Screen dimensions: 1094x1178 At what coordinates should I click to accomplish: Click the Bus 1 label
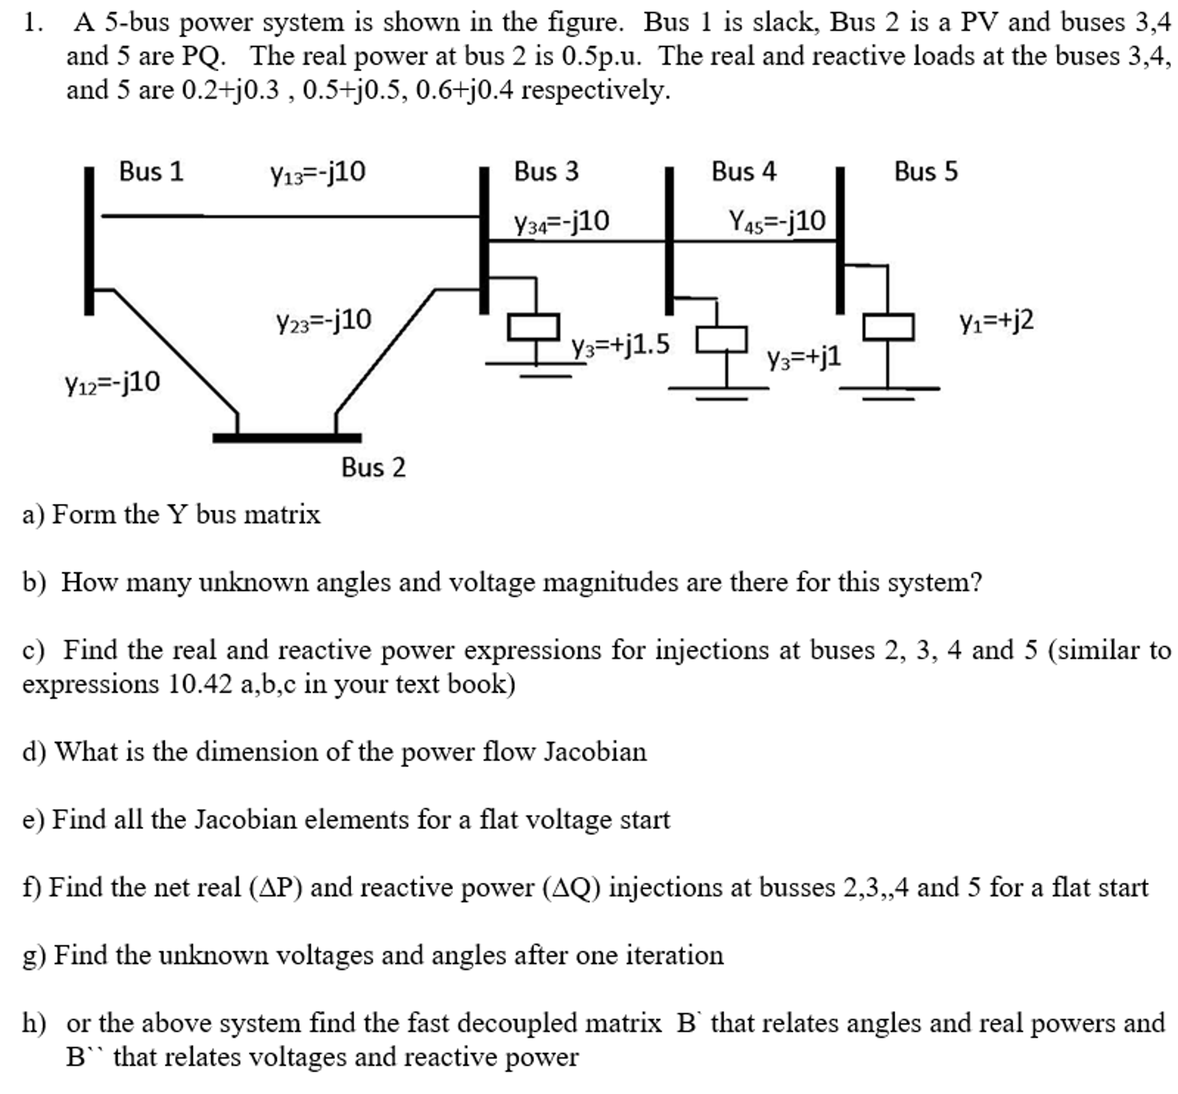click(x=151, y=172)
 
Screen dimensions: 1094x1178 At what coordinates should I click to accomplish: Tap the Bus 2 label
click(x=373, y=468)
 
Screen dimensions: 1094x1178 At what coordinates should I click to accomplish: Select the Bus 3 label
click(x=545, y=172)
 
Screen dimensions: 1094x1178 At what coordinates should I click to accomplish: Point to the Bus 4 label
click(x=743, y=172)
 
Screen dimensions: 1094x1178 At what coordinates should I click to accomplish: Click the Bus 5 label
click(x=925, y=172)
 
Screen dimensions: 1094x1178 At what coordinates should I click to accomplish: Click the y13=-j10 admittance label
click(x=318, y=173)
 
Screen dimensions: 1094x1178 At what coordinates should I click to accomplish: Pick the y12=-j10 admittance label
click(x=112, y=383)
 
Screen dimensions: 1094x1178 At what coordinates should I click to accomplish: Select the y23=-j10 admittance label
click(x=323, y=321)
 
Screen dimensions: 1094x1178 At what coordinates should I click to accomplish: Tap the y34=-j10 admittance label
click(x=561, y=222)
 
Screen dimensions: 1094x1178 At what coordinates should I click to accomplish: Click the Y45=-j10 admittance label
click(x=777, y=222)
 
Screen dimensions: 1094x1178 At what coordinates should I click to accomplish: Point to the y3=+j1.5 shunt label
click(x=620, y=344)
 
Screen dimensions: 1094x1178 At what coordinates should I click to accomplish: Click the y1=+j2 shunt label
click(x=995, y=321)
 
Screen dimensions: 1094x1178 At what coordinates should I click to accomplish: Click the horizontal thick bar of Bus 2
click(x=287, y=438)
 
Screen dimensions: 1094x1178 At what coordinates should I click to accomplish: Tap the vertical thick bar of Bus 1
click(x=89, y=241)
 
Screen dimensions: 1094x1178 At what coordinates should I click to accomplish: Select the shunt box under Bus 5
click(x=887, y=328)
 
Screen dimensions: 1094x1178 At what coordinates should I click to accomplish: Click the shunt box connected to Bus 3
click(x=533, y=328)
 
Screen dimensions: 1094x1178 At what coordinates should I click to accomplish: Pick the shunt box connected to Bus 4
click(x=720, y=340)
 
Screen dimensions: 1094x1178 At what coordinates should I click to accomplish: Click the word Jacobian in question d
click(x=595, y=752)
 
